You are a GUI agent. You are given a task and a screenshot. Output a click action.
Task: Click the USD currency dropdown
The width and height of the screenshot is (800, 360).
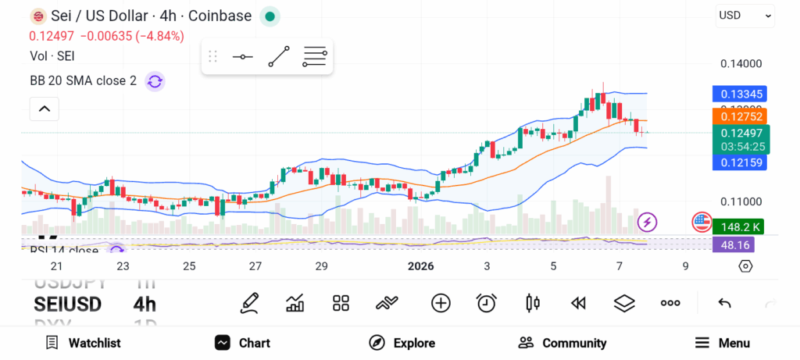click(x=745, y=15)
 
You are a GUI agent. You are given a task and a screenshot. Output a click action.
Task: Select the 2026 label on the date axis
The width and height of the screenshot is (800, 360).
click(x=421, y=266)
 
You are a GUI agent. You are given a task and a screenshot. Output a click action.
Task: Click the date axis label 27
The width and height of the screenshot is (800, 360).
click(x=255, y=266)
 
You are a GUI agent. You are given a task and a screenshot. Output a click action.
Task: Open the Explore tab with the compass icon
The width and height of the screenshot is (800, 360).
click(x=402, y=343)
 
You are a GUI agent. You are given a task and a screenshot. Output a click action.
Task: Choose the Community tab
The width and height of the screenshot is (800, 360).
click(x=562, y=343)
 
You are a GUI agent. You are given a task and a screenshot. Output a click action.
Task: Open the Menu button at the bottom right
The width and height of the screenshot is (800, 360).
click(x=723, y=343)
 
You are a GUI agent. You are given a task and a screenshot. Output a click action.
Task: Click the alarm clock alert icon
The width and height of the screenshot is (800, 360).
click(x=487, y=303)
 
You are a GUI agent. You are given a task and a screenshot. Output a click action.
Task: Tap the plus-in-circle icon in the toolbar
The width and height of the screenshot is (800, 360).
click(x=441, y=303)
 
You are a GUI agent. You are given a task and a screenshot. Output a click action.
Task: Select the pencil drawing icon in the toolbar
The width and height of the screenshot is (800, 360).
click(x=250, y=303)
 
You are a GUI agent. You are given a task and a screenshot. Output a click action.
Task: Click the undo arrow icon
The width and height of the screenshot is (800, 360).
click(x=724, y=303)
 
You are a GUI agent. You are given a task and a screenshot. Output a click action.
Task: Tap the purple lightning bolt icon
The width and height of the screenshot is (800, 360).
click(x=647, y=223)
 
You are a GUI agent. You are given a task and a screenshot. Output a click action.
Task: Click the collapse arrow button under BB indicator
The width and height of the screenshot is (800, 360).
click(x=45, y=109)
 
